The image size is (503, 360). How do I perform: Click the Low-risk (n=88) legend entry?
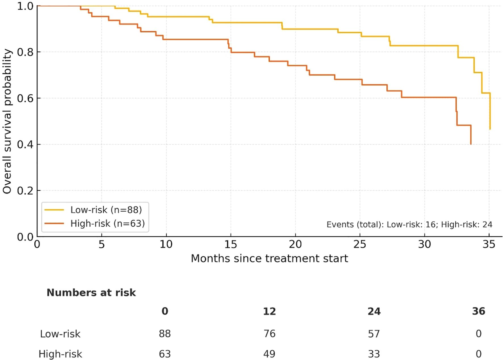click(x=106, y=210)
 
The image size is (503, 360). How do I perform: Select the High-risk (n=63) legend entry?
click(x=107, y=224)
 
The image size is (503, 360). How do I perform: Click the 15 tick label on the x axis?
click(x=230, y=245)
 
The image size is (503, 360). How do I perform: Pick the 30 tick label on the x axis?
click(x=424, y=245)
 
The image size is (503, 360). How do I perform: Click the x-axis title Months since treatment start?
click(x=269, y=259)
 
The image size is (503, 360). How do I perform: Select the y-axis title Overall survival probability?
click(x=7, y=121)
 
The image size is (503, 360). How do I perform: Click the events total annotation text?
click(x=409, y=225)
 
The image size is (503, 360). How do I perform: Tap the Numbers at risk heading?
click(x=91, y=293)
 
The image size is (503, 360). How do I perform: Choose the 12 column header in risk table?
click(x=269, y=311)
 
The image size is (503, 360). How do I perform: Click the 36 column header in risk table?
click(x=478, y=311)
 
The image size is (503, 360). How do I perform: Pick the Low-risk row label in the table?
click(x=60, y=334)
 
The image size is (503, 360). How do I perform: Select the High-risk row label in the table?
click(x=60, y=354)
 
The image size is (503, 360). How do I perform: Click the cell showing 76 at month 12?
click(x=269, y=334)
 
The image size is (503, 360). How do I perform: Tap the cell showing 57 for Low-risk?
click(x=374, y=334)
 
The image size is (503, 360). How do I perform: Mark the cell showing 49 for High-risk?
click(x=269, y=354)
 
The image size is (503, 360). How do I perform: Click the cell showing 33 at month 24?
click(x=374, y=354)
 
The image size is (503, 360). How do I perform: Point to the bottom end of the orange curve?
click(x=471, y=144)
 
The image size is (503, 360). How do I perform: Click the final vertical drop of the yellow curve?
click(x=490, y=112)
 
